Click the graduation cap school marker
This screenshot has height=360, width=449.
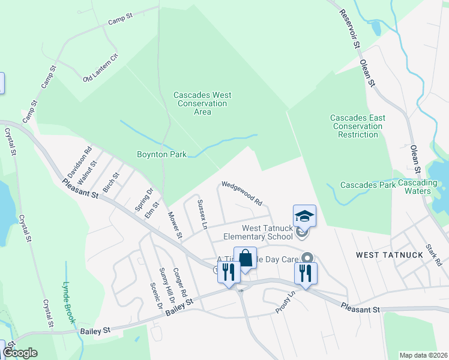[x=304, y=216]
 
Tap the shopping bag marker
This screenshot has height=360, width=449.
[x=245, y=259]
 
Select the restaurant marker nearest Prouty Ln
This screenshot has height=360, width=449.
[x=306, y=274]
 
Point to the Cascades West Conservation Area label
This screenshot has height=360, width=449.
[x=202, y=103]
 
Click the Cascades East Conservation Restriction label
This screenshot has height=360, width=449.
[x=358, y=126]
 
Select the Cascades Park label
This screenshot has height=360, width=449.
[x=368, y=185]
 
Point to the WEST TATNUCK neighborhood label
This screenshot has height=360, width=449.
[x=390, y=255]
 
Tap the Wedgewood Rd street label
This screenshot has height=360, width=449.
[x=243, y=193]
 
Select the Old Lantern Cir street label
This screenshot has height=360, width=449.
[x=101, y=68]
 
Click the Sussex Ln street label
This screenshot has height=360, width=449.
[x=202, y=215]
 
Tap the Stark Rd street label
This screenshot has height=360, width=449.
[x=433, y=254]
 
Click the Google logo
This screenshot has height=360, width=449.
[x=19, y=353]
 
